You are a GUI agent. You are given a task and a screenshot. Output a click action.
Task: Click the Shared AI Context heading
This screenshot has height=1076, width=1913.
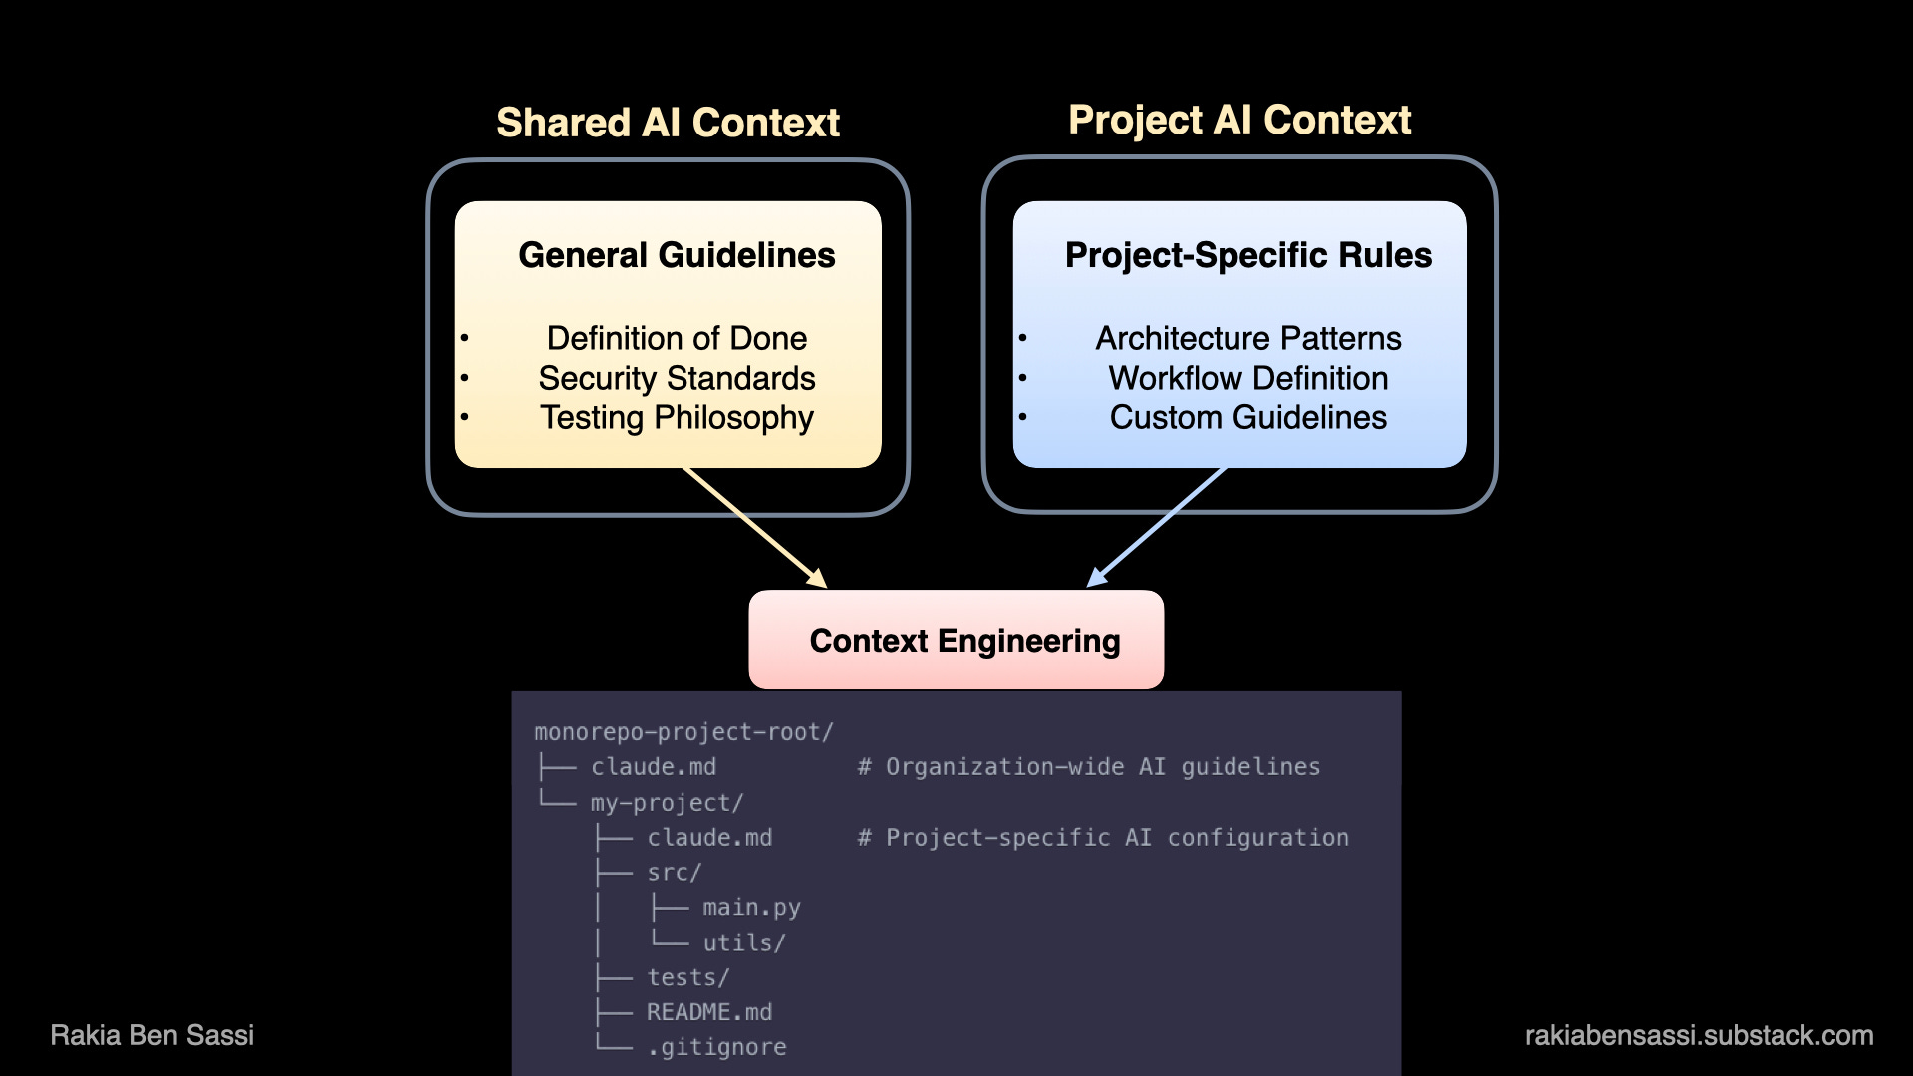[x=668, y=123]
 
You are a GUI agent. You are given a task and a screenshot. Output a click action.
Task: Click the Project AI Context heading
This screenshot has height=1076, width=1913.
[x=1239, y=120]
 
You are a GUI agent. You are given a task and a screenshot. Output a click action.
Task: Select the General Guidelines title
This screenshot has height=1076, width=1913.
[x=677, y=255]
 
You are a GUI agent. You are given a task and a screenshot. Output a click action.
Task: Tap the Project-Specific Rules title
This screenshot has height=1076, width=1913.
[x=1247, y=255]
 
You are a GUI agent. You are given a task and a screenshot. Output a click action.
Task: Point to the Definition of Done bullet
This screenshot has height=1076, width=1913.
[x=677, y=338]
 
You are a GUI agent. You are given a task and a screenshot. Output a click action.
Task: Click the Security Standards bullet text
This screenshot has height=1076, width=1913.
[x=677, y=378]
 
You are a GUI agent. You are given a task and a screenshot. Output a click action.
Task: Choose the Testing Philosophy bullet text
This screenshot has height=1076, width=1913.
[x=677, y=417]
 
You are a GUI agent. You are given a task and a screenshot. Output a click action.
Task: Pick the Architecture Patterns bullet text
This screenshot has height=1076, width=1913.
[x=1247, y=338]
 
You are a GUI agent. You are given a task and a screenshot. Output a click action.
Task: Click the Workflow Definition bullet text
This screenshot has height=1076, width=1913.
[x=1247, y=378]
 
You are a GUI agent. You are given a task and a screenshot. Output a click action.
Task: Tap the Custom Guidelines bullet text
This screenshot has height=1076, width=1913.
[x=1247, y=417]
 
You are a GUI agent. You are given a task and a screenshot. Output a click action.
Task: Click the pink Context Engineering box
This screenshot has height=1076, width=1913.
[x=956, y=640]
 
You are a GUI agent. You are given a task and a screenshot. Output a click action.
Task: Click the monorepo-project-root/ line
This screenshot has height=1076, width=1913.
[x=683, y=732]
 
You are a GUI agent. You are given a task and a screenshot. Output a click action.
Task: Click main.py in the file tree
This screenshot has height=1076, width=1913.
[x=751, y=908]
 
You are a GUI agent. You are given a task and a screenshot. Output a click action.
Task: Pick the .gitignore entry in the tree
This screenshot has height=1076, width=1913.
[x=716, y=1047]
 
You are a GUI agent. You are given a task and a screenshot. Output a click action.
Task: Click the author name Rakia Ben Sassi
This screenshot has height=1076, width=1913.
[x=152, y=1035]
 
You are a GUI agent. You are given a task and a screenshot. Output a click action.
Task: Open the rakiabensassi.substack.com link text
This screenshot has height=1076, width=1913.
[x=1699, y=1035]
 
